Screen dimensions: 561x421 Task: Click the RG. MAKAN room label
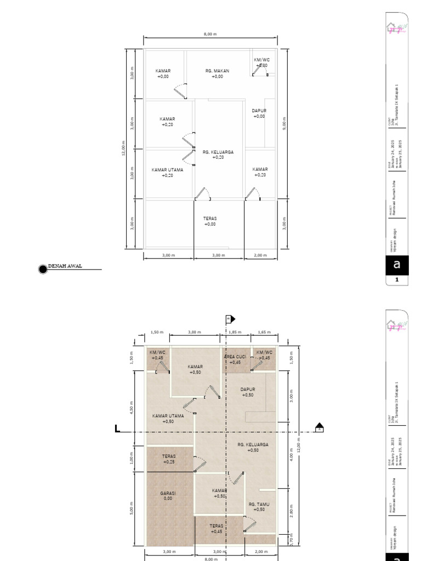click(x=218, y=71)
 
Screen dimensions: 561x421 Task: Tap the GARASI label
click(x=168, y=493)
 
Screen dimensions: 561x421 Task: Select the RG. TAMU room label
click(x=259, y=504)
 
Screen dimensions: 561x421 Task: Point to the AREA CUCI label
click(x=235, y=357)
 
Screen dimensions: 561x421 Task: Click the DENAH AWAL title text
click(x=65, y=266)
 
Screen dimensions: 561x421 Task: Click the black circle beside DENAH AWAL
click(x=43, y=268)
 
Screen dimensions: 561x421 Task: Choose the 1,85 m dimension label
click(x=235, y=333)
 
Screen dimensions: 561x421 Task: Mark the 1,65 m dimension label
click(x=264, y=333)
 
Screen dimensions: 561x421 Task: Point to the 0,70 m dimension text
click(x=292, y=539)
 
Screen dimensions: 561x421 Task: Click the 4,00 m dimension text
click(x=292, y=455)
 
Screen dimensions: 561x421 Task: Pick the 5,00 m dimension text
click(x=132, y=510)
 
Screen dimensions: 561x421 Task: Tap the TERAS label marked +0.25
click(x=168, y=456)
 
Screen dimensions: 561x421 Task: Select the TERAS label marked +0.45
click(x=217, y=526)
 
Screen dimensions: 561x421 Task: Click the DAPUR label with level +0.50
click(x=248, y=390)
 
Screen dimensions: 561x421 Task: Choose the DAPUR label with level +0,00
click(x=259, y=111)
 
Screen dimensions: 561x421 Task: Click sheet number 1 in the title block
click(x=397, y=280)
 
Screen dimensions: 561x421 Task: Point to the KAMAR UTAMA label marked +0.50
click(x=168, y=416)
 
